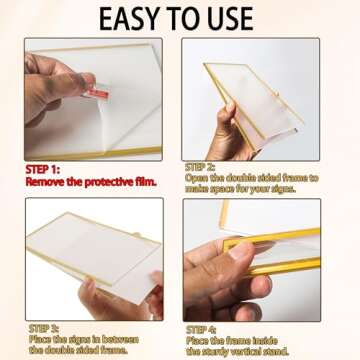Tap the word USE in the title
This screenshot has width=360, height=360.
(229, 18)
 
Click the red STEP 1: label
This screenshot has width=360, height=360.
(43, 170)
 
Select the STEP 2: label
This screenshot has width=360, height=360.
(200, 166)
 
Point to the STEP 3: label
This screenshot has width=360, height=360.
(44, 328)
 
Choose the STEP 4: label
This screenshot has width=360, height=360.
(201, 330)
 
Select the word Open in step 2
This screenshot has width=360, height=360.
(195, 178)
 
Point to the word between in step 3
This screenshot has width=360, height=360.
(120, 339)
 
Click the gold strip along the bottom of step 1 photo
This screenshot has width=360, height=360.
(93, 153)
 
